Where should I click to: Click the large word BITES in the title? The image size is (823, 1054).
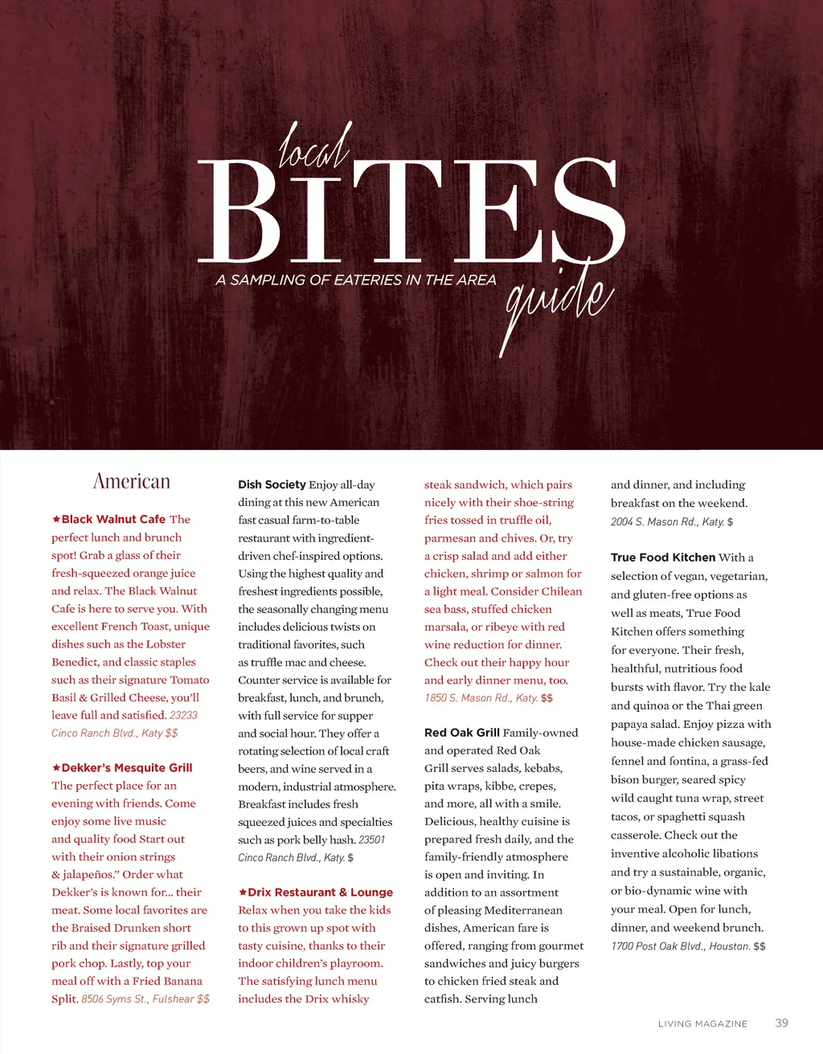[x=411, y=211]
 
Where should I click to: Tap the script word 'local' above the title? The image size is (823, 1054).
[x=314, y=147]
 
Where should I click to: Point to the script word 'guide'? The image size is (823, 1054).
[x=558, y=300]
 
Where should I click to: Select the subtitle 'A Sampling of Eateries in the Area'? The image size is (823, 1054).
[x=356, y=280]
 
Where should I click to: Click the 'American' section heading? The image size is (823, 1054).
[x=132, y=481]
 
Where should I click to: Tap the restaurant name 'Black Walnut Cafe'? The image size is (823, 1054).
[x=113, y=519]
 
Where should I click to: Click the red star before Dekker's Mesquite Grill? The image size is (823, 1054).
[x=56, y=767]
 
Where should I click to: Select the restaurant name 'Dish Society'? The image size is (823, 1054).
[x=272, y=484]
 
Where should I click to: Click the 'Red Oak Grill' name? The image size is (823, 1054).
[x=462, y=733]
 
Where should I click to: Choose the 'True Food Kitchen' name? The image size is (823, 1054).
[x=663, y=558]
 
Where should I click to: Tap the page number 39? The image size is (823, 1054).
[x=781, y=1023]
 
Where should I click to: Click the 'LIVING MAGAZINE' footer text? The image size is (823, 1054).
[x=702, y=1023]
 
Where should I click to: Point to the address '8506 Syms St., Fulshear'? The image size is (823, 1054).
[x=137, y=999]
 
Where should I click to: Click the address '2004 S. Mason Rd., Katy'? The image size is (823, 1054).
[x=666, y=521]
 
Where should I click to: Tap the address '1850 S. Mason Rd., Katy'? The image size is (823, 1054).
[x=481, y=698]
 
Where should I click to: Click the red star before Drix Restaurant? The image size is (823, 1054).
[x=243, y=892]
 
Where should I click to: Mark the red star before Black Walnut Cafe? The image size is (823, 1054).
[x=56, y=519]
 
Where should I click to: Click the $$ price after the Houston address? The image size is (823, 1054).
[x=760, y=946]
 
